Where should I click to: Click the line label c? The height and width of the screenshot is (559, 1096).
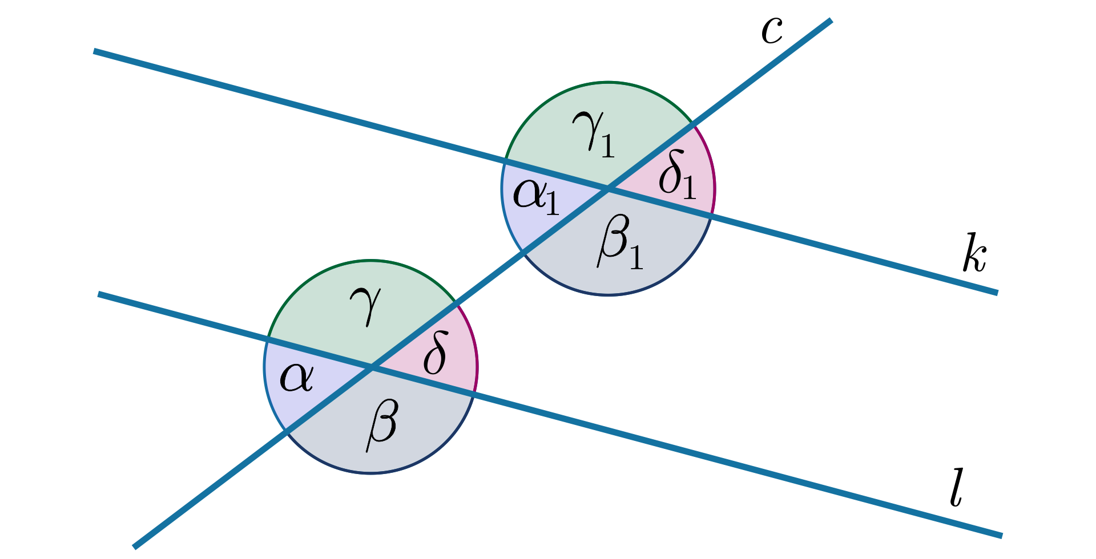tap(772, 31)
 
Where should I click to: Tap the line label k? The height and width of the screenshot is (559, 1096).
tap(974, 253)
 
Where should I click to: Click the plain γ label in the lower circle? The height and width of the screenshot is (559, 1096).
tap(365, 307)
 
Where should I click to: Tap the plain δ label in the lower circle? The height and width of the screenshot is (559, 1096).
tap(434, 353)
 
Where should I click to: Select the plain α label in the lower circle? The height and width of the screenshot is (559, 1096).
tap(296, 378)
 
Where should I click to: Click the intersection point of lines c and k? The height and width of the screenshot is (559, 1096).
tap(608, 189)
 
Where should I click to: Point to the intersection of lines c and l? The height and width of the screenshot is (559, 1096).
tap(371, 367)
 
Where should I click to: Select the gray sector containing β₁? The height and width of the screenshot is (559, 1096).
tap(622, 251)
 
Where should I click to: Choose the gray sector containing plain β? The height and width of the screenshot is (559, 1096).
tap(382, 428)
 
